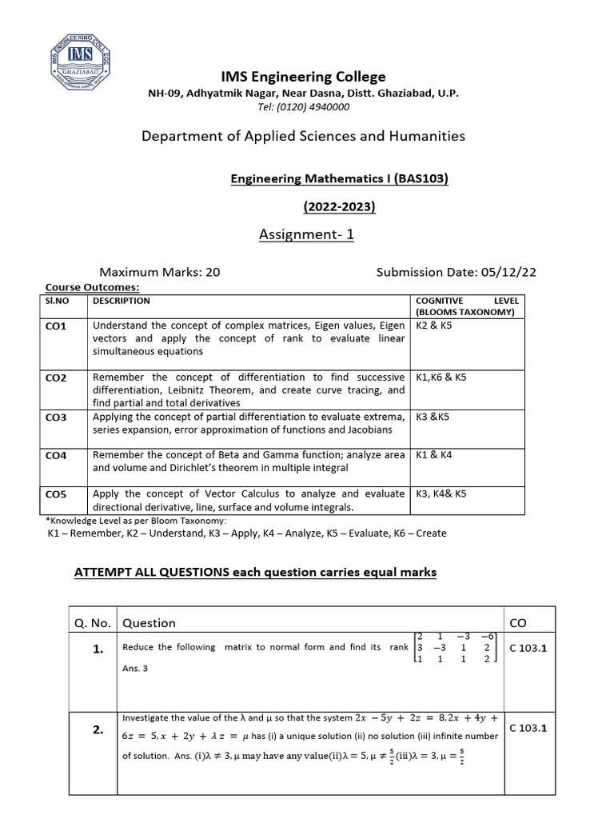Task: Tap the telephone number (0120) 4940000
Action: (x=315, y=106)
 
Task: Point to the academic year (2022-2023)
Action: (x=339, y=207)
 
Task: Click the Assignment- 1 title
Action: (x=306, y=234)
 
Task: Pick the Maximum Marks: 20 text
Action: (x=159, y=272)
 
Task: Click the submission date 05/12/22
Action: (x=508, y=272)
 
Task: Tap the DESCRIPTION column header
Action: (x=122, y=302)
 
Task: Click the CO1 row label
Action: (x=57, y=326)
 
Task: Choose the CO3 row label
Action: (x=57, y=417)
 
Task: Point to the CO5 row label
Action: (x=57, y=494)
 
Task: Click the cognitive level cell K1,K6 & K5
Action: (x=441, y=378)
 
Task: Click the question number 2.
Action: (x=98, y=729)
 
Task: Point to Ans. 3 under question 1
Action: (x=135, y=669)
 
